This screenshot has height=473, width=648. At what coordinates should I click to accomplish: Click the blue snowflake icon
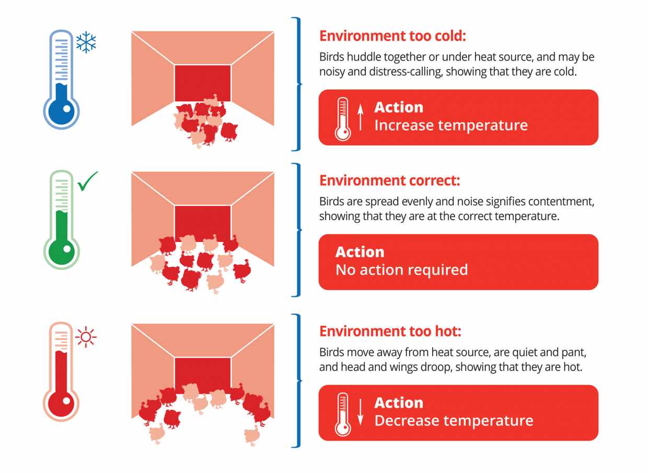[x=86, y=42]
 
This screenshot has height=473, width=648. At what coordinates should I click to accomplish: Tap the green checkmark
[x=87, y=182]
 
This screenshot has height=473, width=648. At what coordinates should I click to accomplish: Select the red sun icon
[x=86, y=337]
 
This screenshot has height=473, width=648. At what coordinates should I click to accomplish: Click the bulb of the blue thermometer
[x=61, y=112]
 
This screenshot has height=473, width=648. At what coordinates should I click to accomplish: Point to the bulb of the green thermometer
[x=61, y=252]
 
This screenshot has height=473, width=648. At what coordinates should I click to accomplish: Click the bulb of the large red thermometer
[x=61, y=404]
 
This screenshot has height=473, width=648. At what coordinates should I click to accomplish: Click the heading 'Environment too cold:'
[x=392, y=36]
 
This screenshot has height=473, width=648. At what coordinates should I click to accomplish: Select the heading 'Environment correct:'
[x=390, y=181]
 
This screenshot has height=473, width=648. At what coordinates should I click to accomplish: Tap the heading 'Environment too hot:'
[x=390, y=331]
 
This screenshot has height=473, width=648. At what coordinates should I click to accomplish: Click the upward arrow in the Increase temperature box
[x=360, y=117]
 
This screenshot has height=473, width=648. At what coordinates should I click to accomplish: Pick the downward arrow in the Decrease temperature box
[x=360, y=412]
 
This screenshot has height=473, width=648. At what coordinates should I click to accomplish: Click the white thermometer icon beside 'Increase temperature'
[x=343, y=119]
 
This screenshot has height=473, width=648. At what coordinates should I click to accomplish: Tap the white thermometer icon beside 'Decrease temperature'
[x=343, y=415]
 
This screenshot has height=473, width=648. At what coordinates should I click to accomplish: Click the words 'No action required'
[x=401, y=270]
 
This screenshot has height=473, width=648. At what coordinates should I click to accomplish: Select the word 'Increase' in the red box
[x=403, y=125]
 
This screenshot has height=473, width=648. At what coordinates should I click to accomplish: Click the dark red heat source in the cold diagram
[x=203, y=83]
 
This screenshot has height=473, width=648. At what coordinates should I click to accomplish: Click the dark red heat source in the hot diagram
[x=203, y=375]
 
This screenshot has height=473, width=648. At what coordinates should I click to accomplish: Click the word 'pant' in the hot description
[x=574, y=353]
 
